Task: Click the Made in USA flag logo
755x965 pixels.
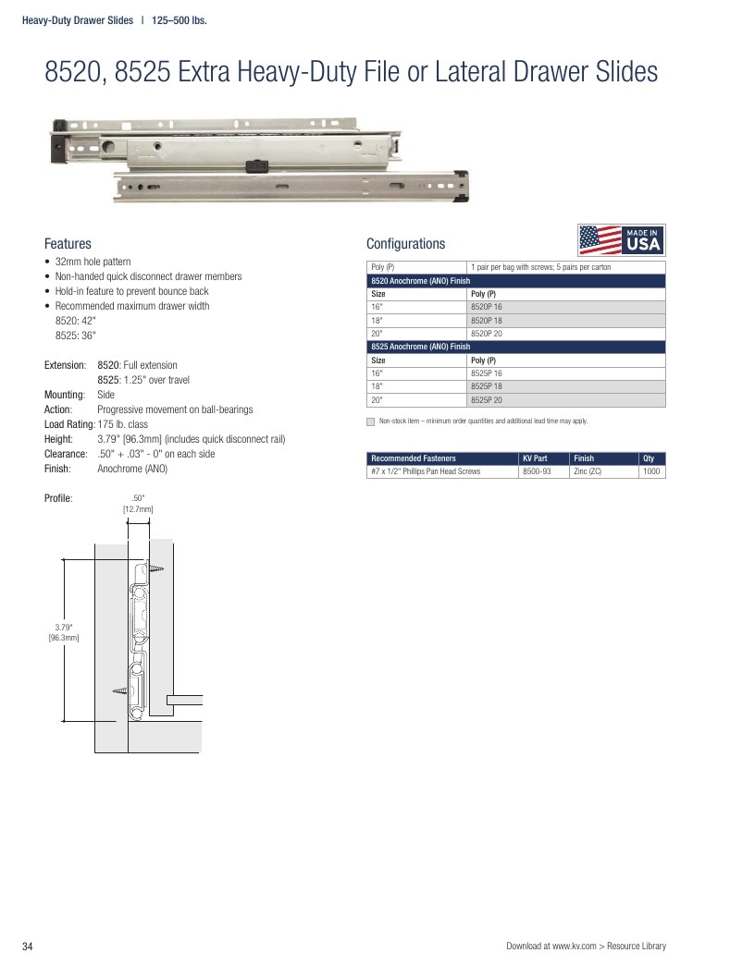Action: pos(622,240)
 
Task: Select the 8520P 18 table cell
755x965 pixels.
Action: pos(566,320)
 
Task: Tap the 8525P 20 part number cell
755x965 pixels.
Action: pos(566,400)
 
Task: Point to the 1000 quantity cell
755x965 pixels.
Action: pos(651,471)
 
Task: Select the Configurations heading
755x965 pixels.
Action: pos(406,244)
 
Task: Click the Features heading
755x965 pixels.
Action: pos(68,244)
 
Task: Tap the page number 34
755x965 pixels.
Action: pos(27,947)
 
